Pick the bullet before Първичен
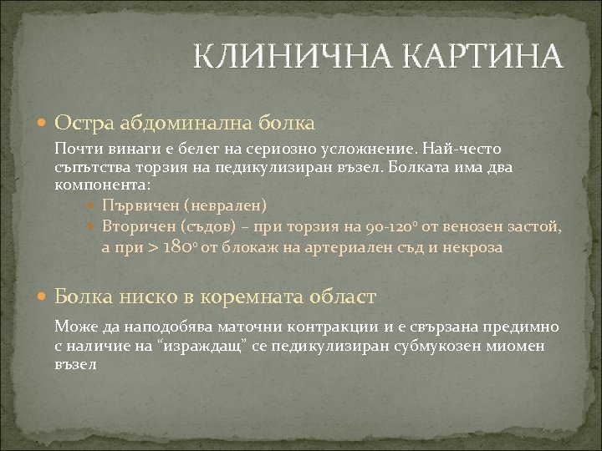tap(93, 205)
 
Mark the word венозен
tap(481, 226)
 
